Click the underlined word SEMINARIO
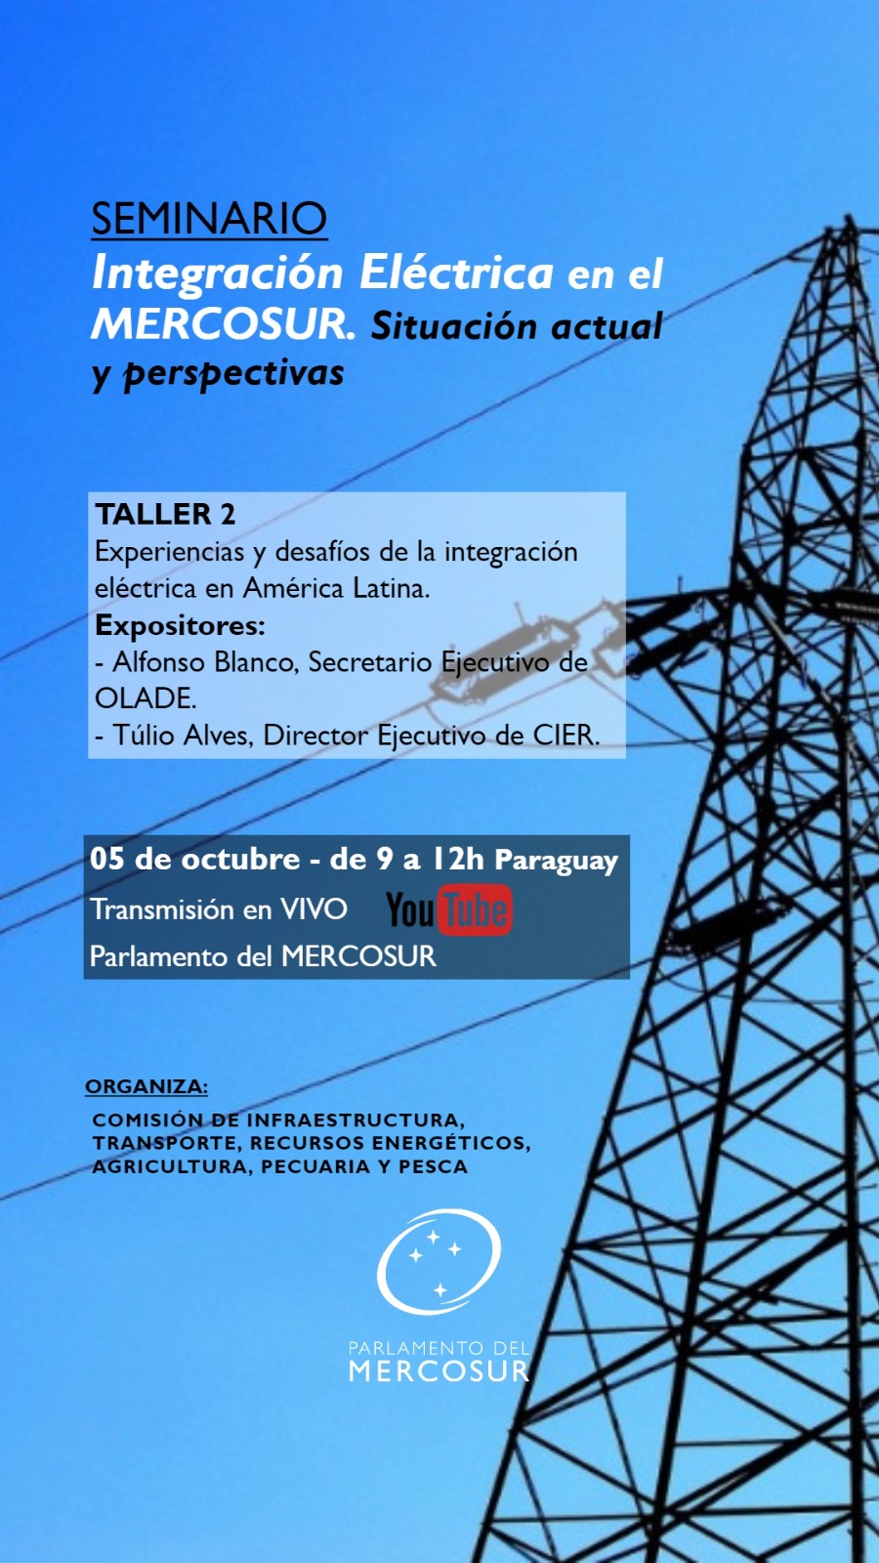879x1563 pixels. click(x=209, y=219)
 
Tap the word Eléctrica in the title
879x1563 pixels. click(x=456, y=273)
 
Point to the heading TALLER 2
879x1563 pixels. click(x=165, y=514)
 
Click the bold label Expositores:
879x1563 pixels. click(x=180, y=625)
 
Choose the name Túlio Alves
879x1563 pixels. click(x=182, y=736)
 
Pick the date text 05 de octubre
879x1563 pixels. click(x=194, y=859)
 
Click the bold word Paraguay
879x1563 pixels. click(x=557, y=861)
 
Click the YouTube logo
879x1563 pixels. click(x=449, y=909)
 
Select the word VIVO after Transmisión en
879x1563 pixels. click(x=314, y=909)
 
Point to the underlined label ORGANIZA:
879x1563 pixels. click(x=146, y=1086)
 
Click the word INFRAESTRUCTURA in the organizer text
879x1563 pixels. click(x=356, y=1119)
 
